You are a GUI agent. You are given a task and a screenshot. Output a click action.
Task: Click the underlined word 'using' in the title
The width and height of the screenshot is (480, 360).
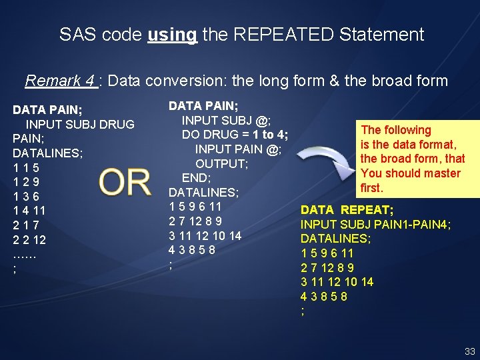[172, 35]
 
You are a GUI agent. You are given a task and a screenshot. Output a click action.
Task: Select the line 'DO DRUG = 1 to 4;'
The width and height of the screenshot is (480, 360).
[235, 135]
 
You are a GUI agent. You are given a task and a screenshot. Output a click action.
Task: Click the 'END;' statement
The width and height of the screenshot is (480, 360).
[197, 178]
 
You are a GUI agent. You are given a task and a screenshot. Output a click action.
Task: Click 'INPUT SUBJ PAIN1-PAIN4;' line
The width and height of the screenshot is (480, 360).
[376, 225]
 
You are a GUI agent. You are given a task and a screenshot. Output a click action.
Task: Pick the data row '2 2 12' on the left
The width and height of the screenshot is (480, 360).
[29, 239]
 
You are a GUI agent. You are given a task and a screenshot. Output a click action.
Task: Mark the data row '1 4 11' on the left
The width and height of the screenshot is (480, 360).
[29, 211]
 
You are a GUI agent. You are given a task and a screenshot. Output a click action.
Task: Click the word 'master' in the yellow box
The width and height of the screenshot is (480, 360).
[442, 173]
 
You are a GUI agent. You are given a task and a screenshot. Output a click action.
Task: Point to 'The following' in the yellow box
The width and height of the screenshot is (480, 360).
[396, 130]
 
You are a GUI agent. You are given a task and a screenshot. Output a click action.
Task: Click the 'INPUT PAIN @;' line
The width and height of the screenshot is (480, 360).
[238, 149]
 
